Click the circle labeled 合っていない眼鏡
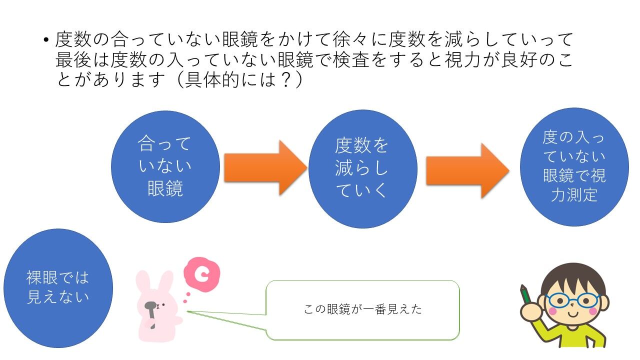(165, 167)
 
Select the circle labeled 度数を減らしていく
(363, 169)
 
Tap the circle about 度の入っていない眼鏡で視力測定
(574, 167)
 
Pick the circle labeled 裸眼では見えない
(58, 288)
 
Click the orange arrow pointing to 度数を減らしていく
(265, 167)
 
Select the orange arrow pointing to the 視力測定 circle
(467, 170)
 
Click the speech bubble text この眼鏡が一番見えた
(363, 309)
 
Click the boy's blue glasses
(572, 300)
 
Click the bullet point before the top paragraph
(46, 40)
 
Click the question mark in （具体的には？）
(286, 79)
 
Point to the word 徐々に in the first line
(360, 39)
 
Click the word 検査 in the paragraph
(350, 59)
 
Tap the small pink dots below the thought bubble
(186, 297)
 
